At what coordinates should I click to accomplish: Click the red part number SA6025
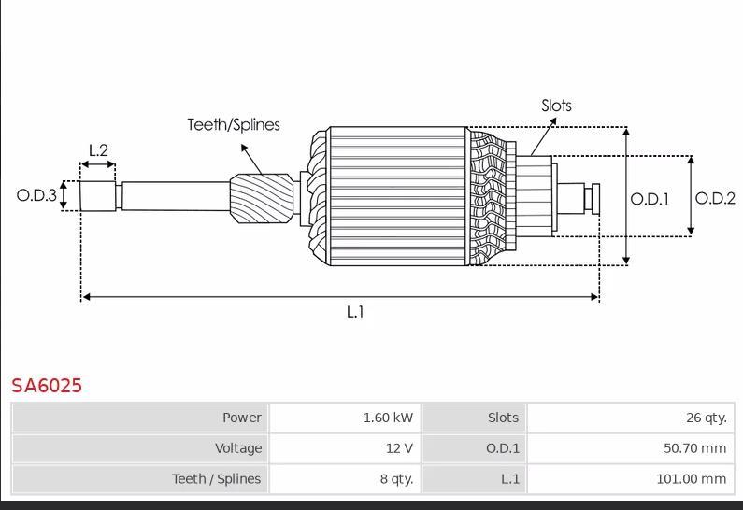(47, 386)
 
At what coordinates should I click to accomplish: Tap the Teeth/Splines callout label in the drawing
(234, 124)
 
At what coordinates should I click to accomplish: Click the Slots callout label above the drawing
(556, 106)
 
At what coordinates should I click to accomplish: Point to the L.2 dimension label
(98, 150)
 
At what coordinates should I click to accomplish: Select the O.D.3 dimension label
(36, 195)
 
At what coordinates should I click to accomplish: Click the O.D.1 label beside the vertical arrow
(650, 199)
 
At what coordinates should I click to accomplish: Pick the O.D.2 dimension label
(715, 198)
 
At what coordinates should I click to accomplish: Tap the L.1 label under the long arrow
(355, 312)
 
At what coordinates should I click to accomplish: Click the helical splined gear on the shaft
(262, 198)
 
